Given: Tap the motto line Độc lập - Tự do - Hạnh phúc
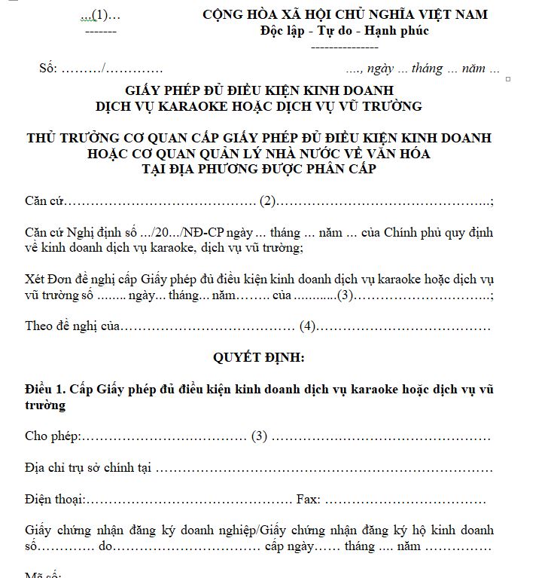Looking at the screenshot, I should tap(345, 31).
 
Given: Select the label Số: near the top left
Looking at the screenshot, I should tap(48, 69).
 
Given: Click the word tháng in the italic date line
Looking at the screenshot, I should tap(427, 69).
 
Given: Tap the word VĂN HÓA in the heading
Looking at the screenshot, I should tap(396, 153).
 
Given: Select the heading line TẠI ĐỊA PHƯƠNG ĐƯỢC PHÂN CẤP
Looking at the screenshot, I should tap(259, 169).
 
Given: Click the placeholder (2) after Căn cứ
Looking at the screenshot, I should tap(269, 201).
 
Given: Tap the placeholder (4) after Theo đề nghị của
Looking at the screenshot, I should tap(307, 326).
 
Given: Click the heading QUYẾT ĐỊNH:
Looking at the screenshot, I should tap(258, 358).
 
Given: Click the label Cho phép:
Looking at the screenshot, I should tap(53, 436).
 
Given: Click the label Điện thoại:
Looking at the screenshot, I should tap(55, 499).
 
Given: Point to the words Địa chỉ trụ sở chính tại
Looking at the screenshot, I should tap(88, 468).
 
